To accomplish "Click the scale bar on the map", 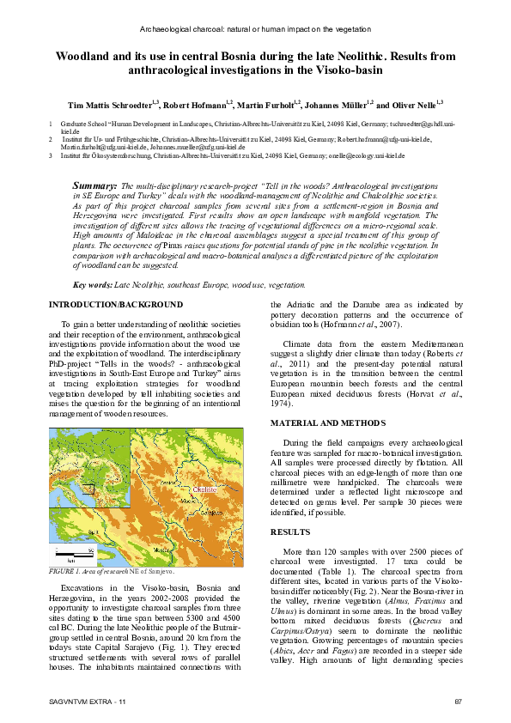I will pos(69,550).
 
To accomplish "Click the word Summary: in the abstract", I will pos(94,185).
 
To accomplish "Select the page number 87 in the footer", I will pos(458,702).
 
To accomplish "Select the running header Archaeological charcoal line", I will pos(255,28).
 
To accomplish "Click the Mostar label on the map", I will pos(157,549).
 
